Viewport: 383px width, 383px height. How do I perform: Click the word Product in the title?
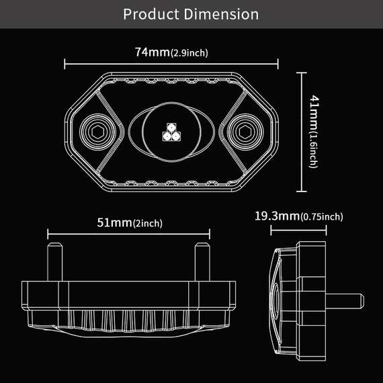151,14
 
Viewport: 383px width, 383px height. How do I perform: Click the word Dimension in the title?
221,14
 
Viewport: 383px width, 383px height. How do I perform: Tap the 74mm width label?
153,52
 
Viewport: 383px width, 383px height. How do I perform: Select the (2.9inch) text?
189,53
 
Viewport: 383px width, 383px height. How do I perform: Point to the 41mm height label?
314,113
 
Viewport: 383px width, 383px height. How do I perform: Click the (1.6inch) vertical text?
314,150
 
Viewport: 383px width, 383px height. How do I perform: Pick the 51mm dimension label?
114,222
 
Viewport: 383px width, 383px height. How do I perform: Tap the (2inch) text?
148,224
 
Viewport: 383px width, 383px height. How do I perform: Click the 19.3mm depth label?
278,216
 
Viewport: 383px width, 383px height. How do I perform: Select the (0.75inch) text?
322,217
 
